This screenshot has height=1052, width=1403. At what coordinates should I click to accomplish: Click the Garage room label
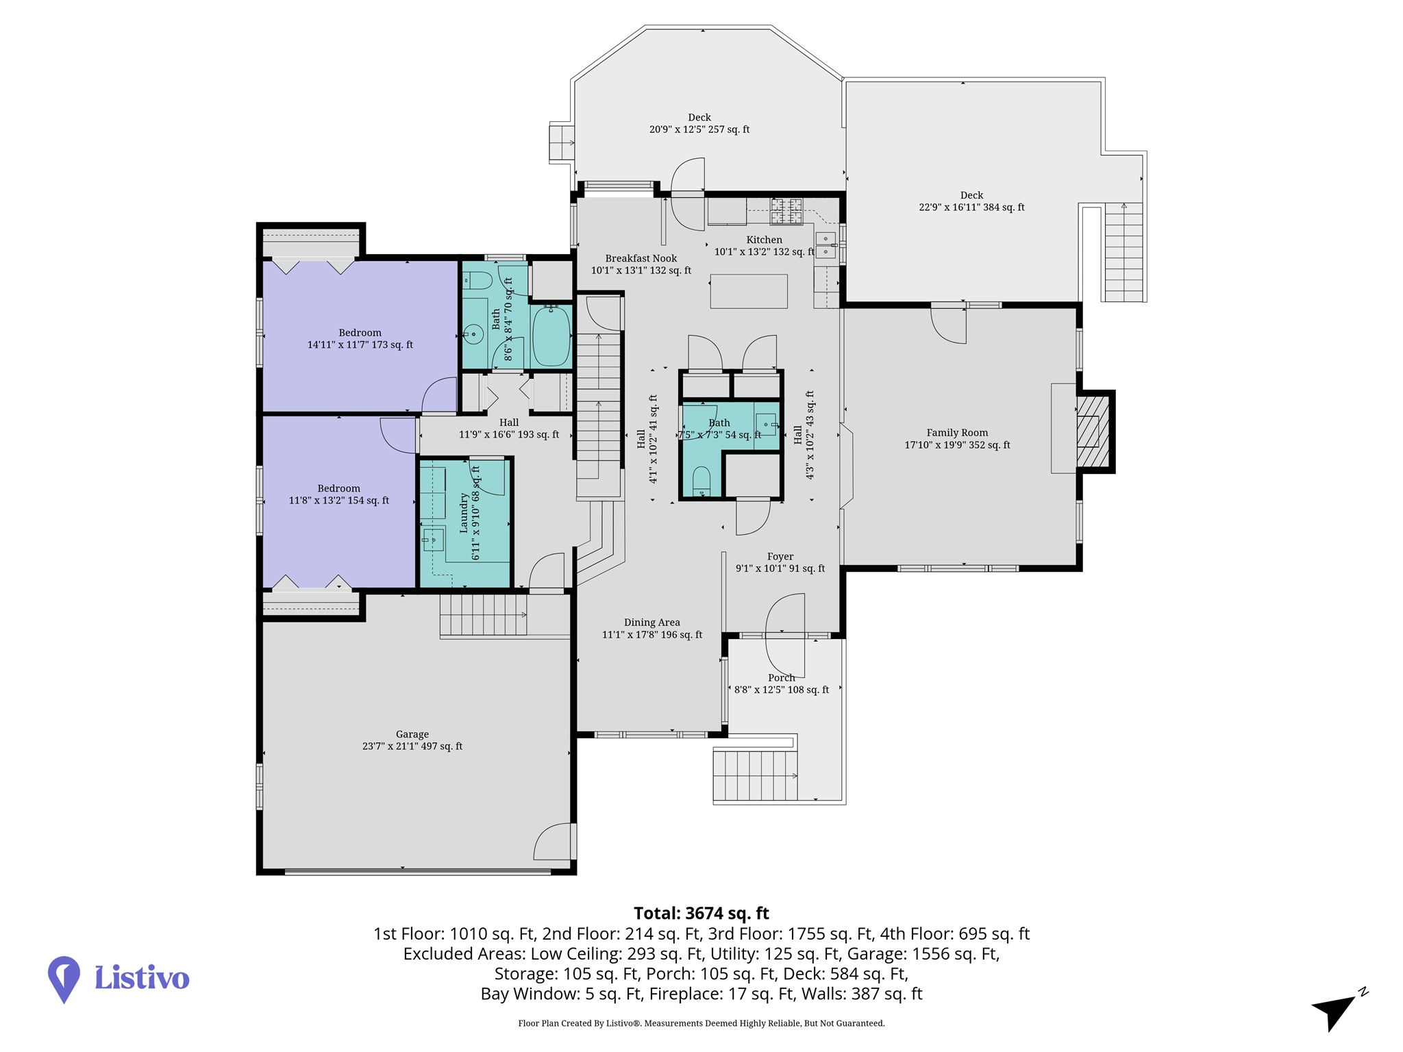[412, 740]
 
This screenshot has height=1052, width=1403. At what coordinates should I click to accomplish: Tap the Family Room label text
[957, 439]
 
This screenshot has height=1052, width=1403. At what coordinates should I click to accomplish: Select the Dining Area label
[652, 629]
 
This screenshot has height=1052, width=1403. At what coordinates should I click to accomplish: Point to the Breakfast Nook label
[641, 264]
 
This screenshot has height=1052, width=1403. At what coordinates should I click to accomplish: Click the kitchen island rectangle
[749, 291]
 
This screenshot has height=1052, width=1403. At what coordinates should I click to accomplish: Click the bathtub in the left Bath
[551, 336]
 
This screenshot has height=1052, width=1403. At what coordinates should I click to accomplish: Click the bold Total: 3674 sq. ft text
[701, 913]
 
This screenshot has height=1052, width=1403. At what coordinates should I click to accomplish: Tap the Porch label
[782, 684]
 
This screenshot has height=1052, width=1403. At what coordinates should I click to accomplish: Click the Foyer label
[780, 562]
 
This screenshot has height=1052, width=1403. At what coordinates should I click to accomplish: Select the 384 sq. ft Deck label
[971, 201]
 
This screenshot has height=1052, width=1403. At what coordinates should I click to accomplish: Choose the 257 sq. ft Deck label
[699, 123]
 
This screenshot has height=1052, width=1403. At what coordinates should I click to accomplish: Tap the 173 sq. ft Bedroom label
[360, 339]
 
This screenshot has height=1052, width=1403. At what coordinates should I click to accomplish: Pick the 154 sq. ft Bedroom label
[339, 494]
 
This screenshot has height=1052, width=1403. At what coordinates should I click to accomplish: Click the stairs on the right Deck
[1123, 252]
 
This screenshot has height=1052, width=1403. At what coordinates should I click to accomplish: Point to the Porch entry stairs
[756, 775]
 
